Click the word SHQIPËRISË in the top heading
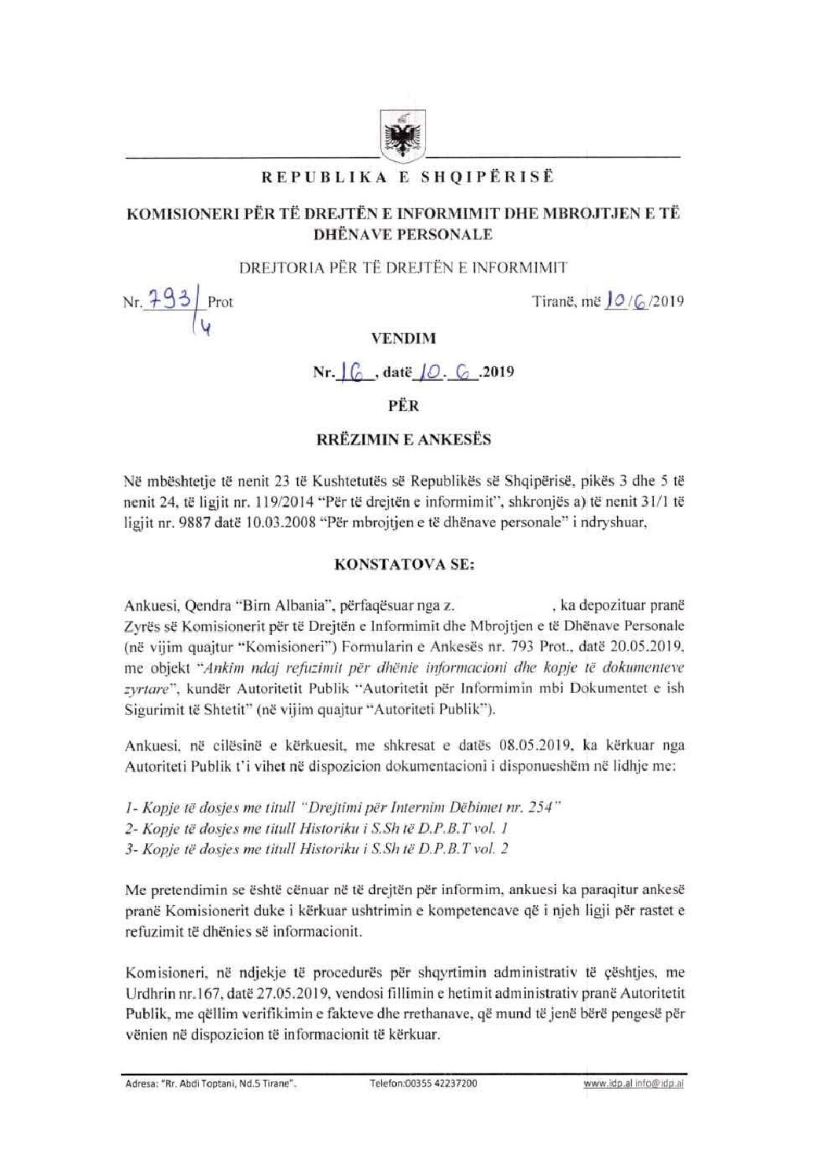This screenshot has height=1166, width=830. pos(487,180)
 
